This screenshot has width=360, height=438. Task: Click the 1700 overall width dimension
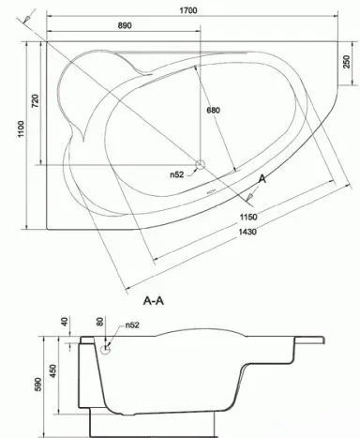188,10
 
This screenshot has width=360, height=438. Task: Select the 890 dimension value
125,25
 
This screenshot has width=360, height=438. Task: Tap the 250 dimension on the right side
347,62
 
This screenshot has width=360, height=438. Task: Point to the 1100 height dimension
21,128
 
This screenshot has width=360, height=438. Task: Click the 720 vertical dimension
36,101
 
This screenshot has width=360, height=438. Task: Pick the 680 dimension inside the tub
213,110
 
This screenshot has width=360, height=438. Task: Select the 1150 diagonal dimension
248,217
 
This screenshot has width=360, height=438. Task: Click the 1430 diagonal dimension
247,232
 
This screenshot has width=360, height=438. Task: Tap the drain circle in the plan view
200,164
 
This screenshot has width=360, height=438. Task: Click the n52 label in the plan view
177,174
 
